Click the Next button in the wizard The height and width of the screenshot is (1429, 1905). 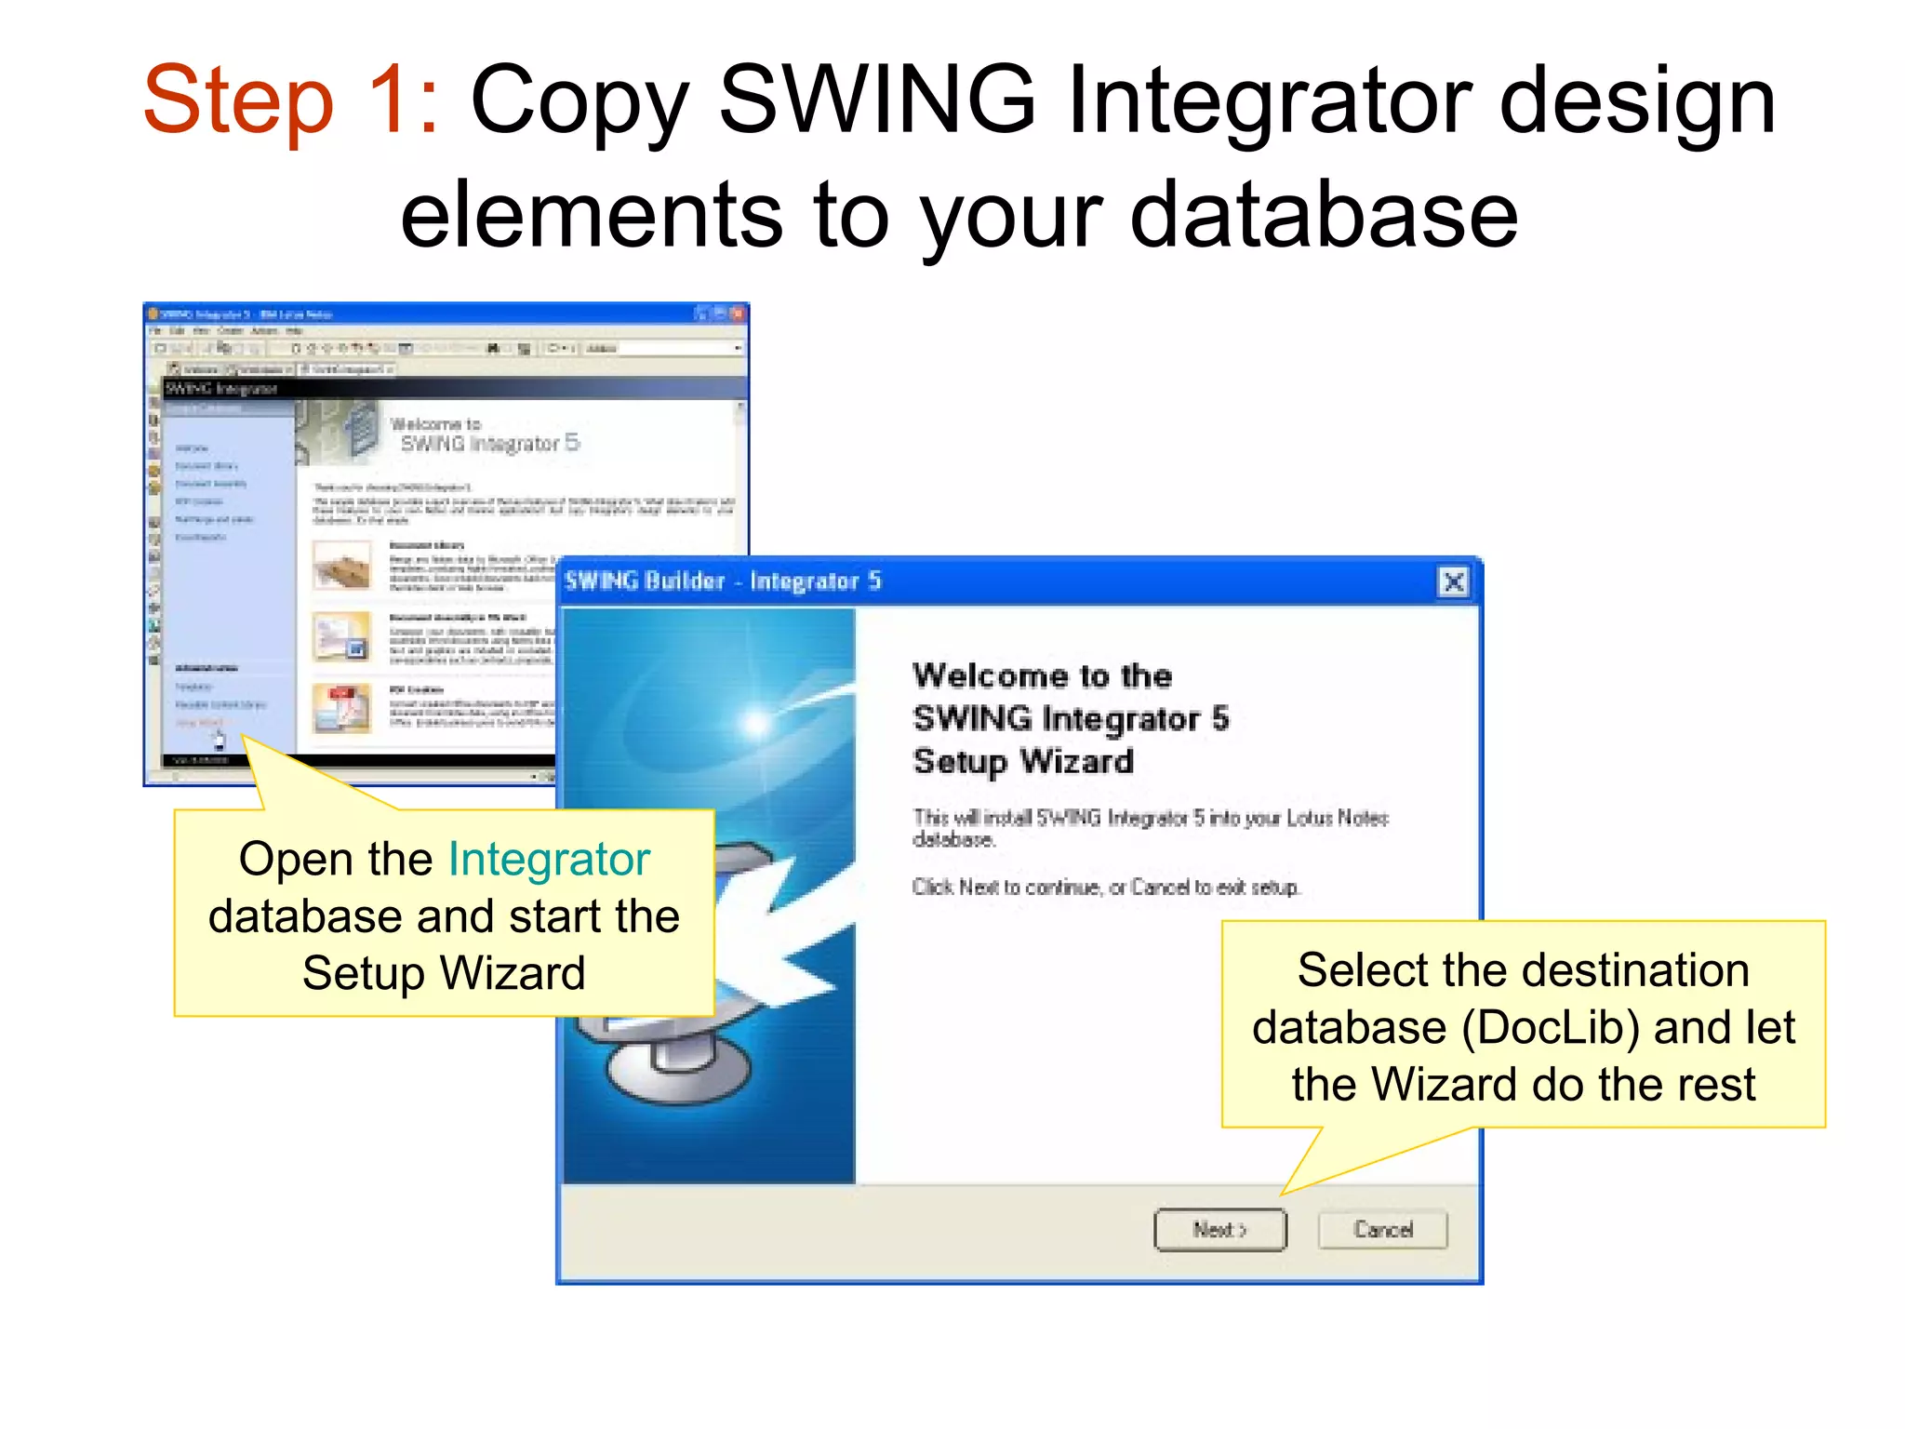pyautogui.click(x=1219, y=1230)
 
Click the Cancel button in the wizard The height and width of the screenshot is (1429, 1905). pyautogui.click(x=1382, y=1230)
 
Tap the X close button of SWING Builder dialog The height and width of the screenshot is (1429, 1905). pyautogui.click(x=1453, y=582)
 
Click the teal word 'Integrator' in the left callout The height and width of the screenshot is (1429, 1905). pyautogui.click(x=549, y=859)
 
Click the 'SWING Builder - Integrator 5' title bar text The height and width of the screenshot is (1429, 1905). pyautogui.click(x=723, y=581)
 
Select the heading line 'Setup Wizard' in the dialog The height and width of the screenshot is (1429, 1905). pyautogui.click(x=1023, y=762)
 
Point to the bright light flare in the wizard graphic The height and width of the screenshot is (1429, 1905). pyautogui.click(x=755, y=721)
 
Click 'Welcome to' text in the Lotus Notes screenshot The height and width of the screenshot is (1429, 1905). pyautogui.click(x=435, y=424)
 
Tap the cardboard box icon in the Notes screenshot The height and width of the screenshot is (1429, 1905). pyautogui.click(x=341, y=565)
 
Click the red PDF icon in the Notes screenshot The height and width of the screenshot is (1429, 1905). pyautogui.click(x=341, y=707)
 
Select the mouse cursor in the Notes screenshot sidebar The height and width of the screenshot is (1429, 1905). pyautogui.click(x=220, y=741)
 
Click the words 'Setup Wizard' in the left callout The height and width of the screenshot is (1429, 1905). pyautogui.click(x=444, y=974)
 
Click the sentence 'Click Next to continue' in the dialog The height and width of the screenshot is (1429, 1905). pyautogui.click(x=1105, y=888)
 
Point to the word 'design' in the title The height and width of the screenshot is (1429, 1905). pyautogui.click(x=1637, y=100)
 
